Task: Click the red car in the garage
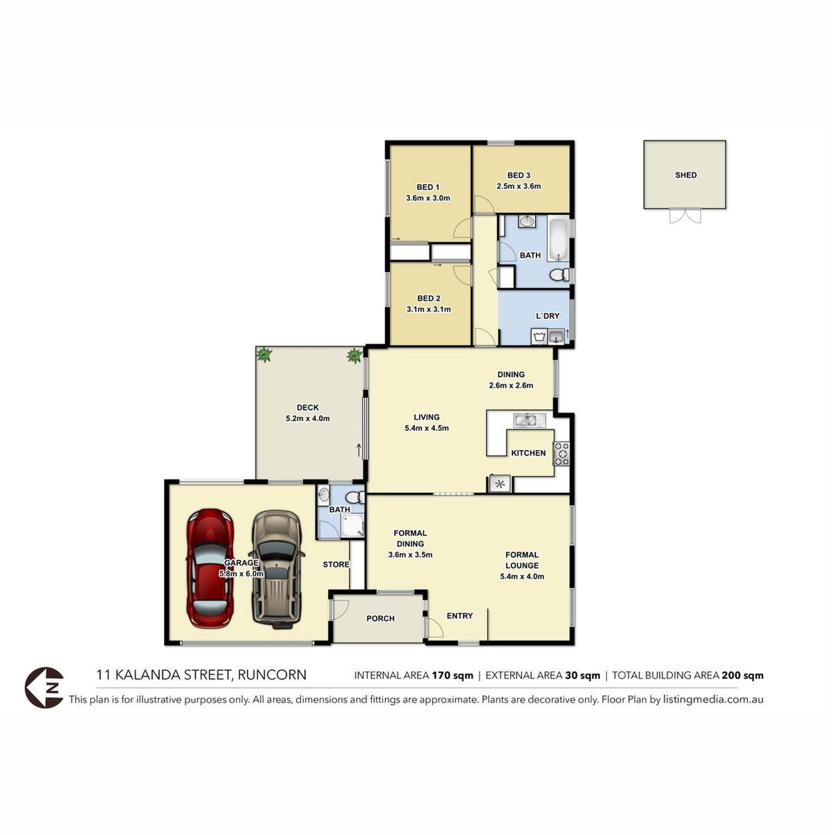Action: pyautogui.click(x=210, y=568)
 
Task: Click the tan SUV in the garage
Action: pyautogui.click(x=276, y=570)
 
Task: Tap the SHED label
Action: pyautogui.click(x=686, y=175)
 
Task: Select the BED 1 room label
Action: pyautogui.click(x=428, y=187)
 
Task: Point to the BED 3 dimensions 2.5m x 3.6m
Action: pyautogui.click(x=518, y=186)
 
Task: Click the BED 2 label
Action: pyautogui.click(x=429, y=298)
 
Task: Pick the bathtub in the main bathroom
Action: pyautogui.click(x=559, y=238)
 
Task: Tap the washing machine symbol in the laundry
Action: pyautogui.click(x=539, y=336)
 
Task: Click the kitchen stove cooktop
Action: pyautogui.click(x=562, y=454)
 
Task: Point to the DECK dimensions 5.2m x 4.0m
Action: pyautogui.click(x=307, y=419)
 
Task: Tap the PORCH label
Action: pyautogui.click(x=380, y=618)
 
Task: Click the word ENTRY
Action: pyautogui.click(x=459, y=616)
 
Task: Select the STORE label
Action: pyautogui.click(x=336, y=564)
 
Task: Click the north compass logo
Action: pyautogui.click(x=44, y=688)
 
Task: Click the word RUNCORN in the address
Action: pyautogui.click(x=272, y=675)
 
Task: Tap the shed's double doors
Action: pyautogui.click(x=685, y=216)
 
